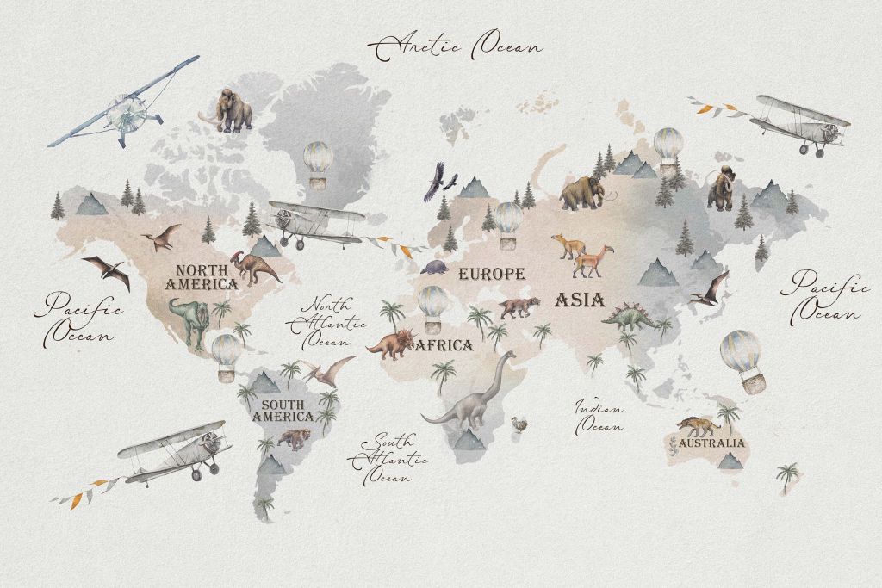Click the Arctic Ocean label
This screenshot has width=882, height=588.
pos(456,46)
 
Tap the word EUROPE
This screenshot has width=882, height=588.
pos(491,275)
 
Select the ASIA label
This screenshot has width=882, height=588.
pos(579,300)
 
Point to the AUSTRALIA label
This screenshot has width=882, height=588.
pos(711,443)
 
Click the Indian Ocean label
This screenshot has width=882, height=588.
pos(600,415)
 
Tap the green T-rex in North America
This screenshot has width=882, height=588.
pos(190,319)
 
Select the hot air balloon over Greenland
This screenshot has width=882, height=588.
pos(318,164)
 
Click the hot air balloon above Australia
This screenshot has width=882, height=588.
pos(741,361)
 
